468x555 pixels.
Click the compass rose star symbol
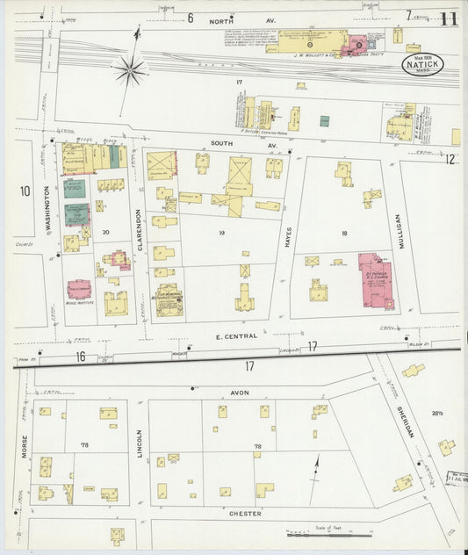click(130, 69)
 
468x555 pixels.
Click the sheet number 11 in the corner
click(449, 18)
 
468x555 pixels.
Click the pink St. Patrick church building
click(375, 280)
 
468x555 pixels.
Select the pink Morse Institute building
click(79, 289)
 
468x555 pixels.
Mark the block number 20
click(104, 233)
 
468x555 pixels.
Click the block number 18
click(344, 234)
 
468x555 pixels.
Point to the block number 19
click(222, 234)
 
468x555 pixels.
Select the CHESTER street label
click(247, 514)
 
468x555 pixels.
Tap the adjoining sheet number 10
click(25, 191)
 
